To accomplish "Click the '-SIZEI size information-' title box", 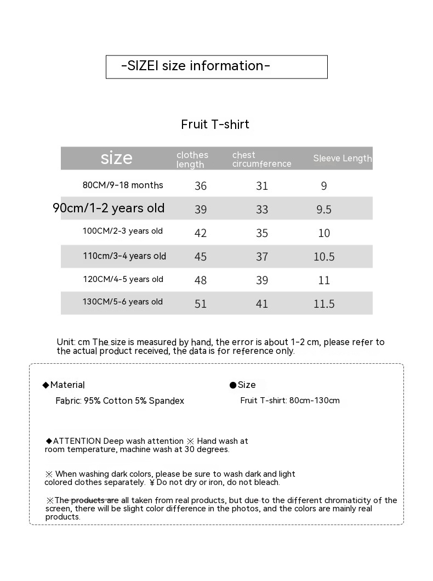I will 216,66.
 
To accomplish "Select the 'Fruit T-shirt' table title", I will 215,125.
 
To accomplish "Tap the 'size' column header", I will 116,158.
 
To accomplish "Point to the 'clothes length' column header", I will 192,160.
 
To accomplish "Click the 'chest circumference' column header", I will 261,160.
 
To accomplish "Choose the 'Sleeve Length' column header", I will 342,159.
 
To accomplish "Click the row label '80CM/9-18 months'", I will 123,185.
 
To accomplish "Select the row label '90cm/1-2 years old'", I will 109,208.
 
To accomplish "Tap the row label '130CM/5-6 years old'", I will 123,302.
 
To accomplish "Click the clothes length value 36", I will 201,186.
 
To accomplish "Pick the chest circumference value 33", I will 262,210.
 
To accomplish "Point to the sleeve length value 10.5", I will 324,257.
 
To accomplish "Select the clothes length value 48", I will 201,280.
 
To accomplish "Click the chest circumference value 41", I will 262,304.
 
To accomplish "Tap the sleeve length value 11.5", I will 324,304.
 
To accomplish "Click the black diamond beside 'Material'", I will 46,385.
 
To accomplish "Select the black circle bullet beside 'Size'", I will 233,386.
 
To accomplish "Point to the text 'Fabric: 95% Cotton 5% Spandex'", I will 120,401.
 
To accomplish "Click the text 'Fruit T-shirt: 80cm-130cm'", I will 290,401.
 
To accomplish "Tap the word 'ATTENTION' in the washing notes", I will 77,441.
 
